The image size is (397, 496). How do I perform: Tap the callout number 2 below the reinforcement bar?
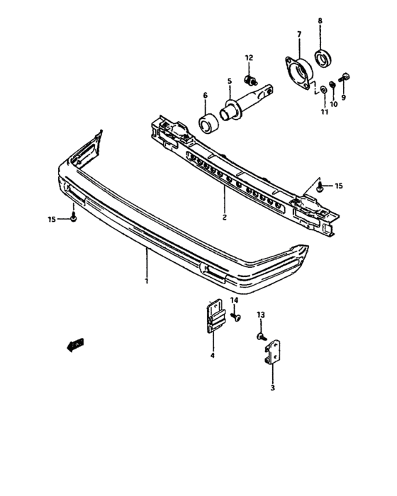coord(224,218)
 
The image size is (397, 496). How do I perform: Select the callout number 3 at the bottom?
coord(272,388)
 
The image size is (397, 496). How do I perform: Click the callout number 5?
coord(230,81)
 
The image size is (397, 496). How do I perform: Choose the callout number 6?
coord(205,95)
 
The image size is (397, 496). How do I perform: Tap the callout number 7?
coord(298,34)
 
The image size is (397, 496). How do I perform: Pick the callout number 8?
coord(320,22)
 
